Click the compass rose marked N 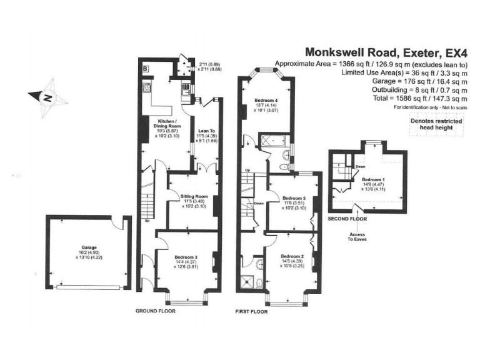pyautogui.click(x=47, y=97)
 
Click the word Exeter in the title pyautogui.click(x=411, y=52)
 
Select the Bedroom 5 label pyautogui.click(x=291, y=197)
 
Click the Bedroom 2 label pyautogui.click(x=291, y=256)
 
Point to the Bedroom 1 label pyautogui.click(x=375, y=179)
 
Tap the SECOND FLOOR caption pyautogui.click(x=347, y=219)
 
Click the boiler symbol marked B pyautogui.click(x=145, y=67)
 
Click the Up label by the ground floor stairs pyautogui.click(x=147, y=221)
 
